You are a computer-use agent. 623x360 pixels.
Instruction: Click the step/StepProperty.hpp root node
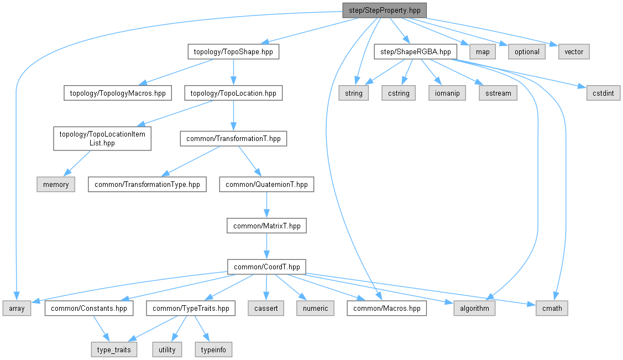point(385,10)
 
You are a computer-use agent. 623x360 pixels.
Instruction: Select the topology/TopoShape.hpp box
point(233,51)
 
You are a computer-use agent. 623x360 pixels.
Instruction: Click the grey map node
point(483,51)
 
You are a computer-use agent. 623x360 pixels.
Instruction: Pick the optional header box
point(527,51)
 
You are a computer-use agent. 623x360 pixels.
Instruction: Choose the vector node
point(574,51)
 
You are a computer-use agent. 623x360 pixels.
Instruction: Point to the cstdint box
point(603,93)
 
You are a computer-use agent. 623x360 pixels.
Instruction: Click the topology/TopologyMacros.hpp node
point(117,93)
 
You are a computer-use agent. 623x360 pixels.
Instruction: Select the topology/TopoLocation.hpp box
point(233,93)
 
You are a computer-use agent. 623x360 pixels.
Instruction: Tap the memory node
point(56,184)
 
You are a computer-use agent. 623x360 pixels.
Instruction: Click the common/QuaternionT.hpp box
point(266,184)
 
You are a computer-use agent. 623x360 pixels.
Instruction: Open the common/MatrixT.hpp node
point(266,226)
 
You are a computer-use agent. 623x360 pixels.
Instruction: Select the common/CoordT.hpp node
point(266,267)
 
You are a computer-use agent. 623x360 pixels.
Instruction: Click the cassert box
point(266,308)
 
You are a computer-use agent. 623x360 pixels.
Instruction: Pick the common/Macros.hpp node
point(387,308)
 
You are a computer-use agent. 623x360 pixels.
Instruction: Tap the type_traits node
point(114,349)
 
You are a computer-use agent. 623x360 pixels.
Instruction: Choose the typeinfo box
point(213,349)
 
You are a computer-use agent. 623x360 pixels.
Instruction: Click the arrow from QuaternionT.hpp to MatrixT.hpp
point(266,205)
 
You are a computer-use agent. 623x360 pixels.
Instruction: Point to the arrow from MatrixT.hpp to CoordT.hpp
point(266,246)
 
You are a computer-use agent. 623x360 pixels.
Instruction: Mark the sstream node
point(498,93)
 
